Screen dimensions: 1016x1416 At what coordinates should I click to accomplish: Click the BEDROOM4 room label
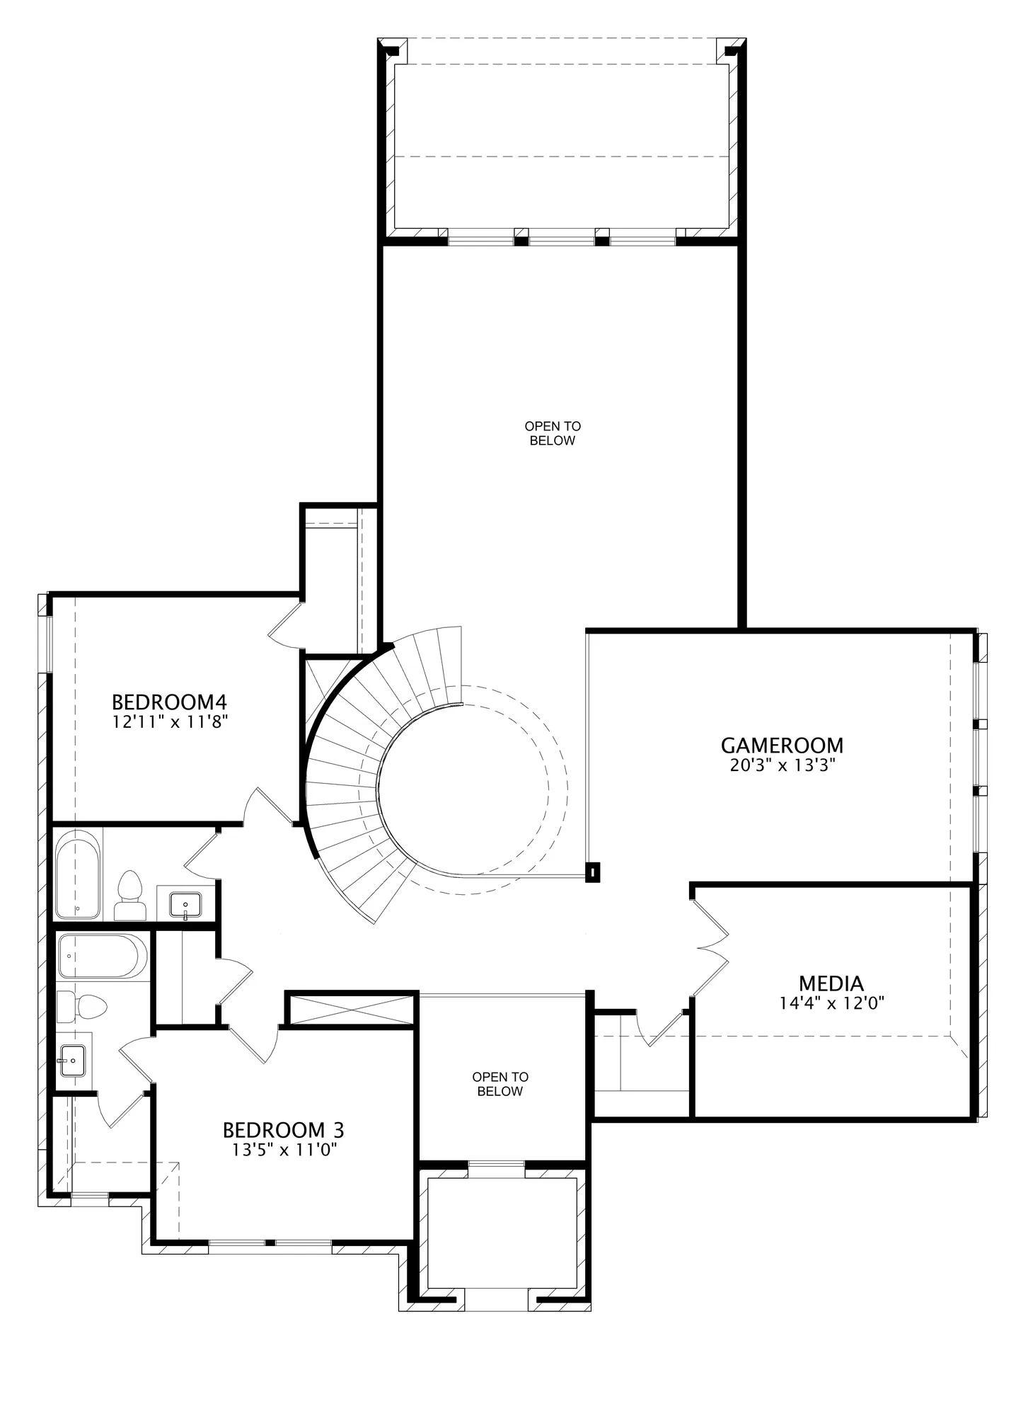point(169,702)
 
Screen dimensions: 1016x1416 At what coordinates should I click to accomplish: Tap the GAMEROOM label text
point(782,746)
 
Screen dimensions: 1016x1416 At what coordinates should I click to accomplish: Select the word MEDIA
point(831,983)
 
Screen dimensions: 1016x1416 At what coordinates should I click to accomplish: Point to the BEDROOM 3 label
point(283,1129)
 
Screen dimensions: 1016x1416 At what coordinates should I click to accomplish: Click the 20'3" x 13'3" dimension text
point(783,765)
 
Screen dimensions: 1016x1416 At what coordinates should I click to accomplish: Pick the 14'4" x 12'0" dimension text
point(831,1003)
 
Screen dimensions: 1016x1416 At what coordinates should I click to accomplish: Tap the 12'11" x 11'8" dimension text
point(169,722)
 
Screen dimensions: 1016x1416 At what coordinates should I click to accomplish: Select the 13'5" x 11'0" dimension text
point(283,1150)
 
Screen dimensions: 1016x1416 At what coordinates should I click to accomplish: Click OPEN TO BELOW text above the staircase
point(553,433)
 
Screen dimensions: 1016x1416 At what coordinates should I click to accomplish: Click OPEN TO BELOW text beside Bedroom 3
point(500,1084)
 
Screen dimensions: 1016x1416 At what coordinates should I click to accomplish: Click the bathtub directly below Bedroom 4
point(78,875)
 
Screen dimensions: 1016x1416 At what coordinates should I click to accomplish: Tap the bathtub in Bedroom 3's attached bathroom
point(103,957)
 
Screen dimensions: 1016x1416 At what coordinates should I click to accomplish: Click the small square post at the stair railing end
point(593,872)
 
